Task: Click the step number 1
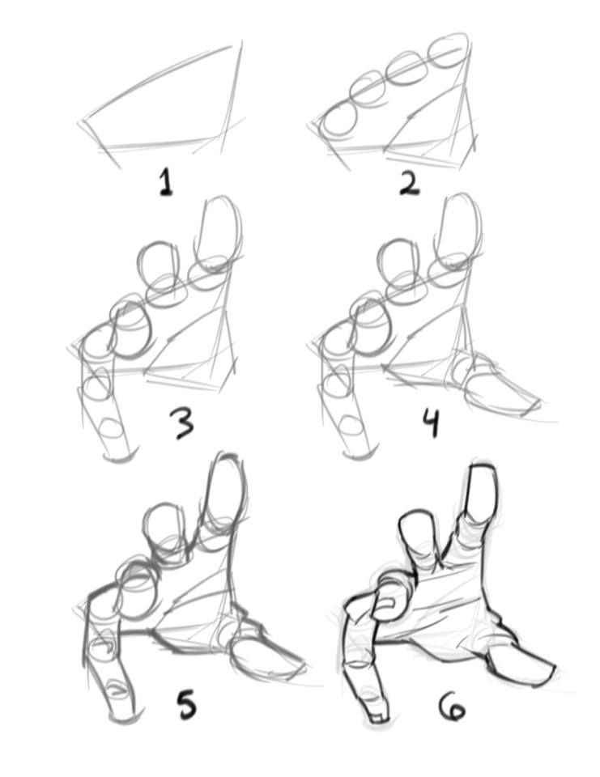(166, 182)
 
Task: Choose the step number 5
(187, 703)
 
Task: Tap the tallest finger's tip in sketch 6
(480, 467)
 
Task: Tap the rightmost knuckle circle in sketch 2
(449, 53)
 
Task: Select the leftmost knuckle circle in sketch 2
(337, 120)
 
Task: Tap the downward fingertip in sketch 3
(118, 456)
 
